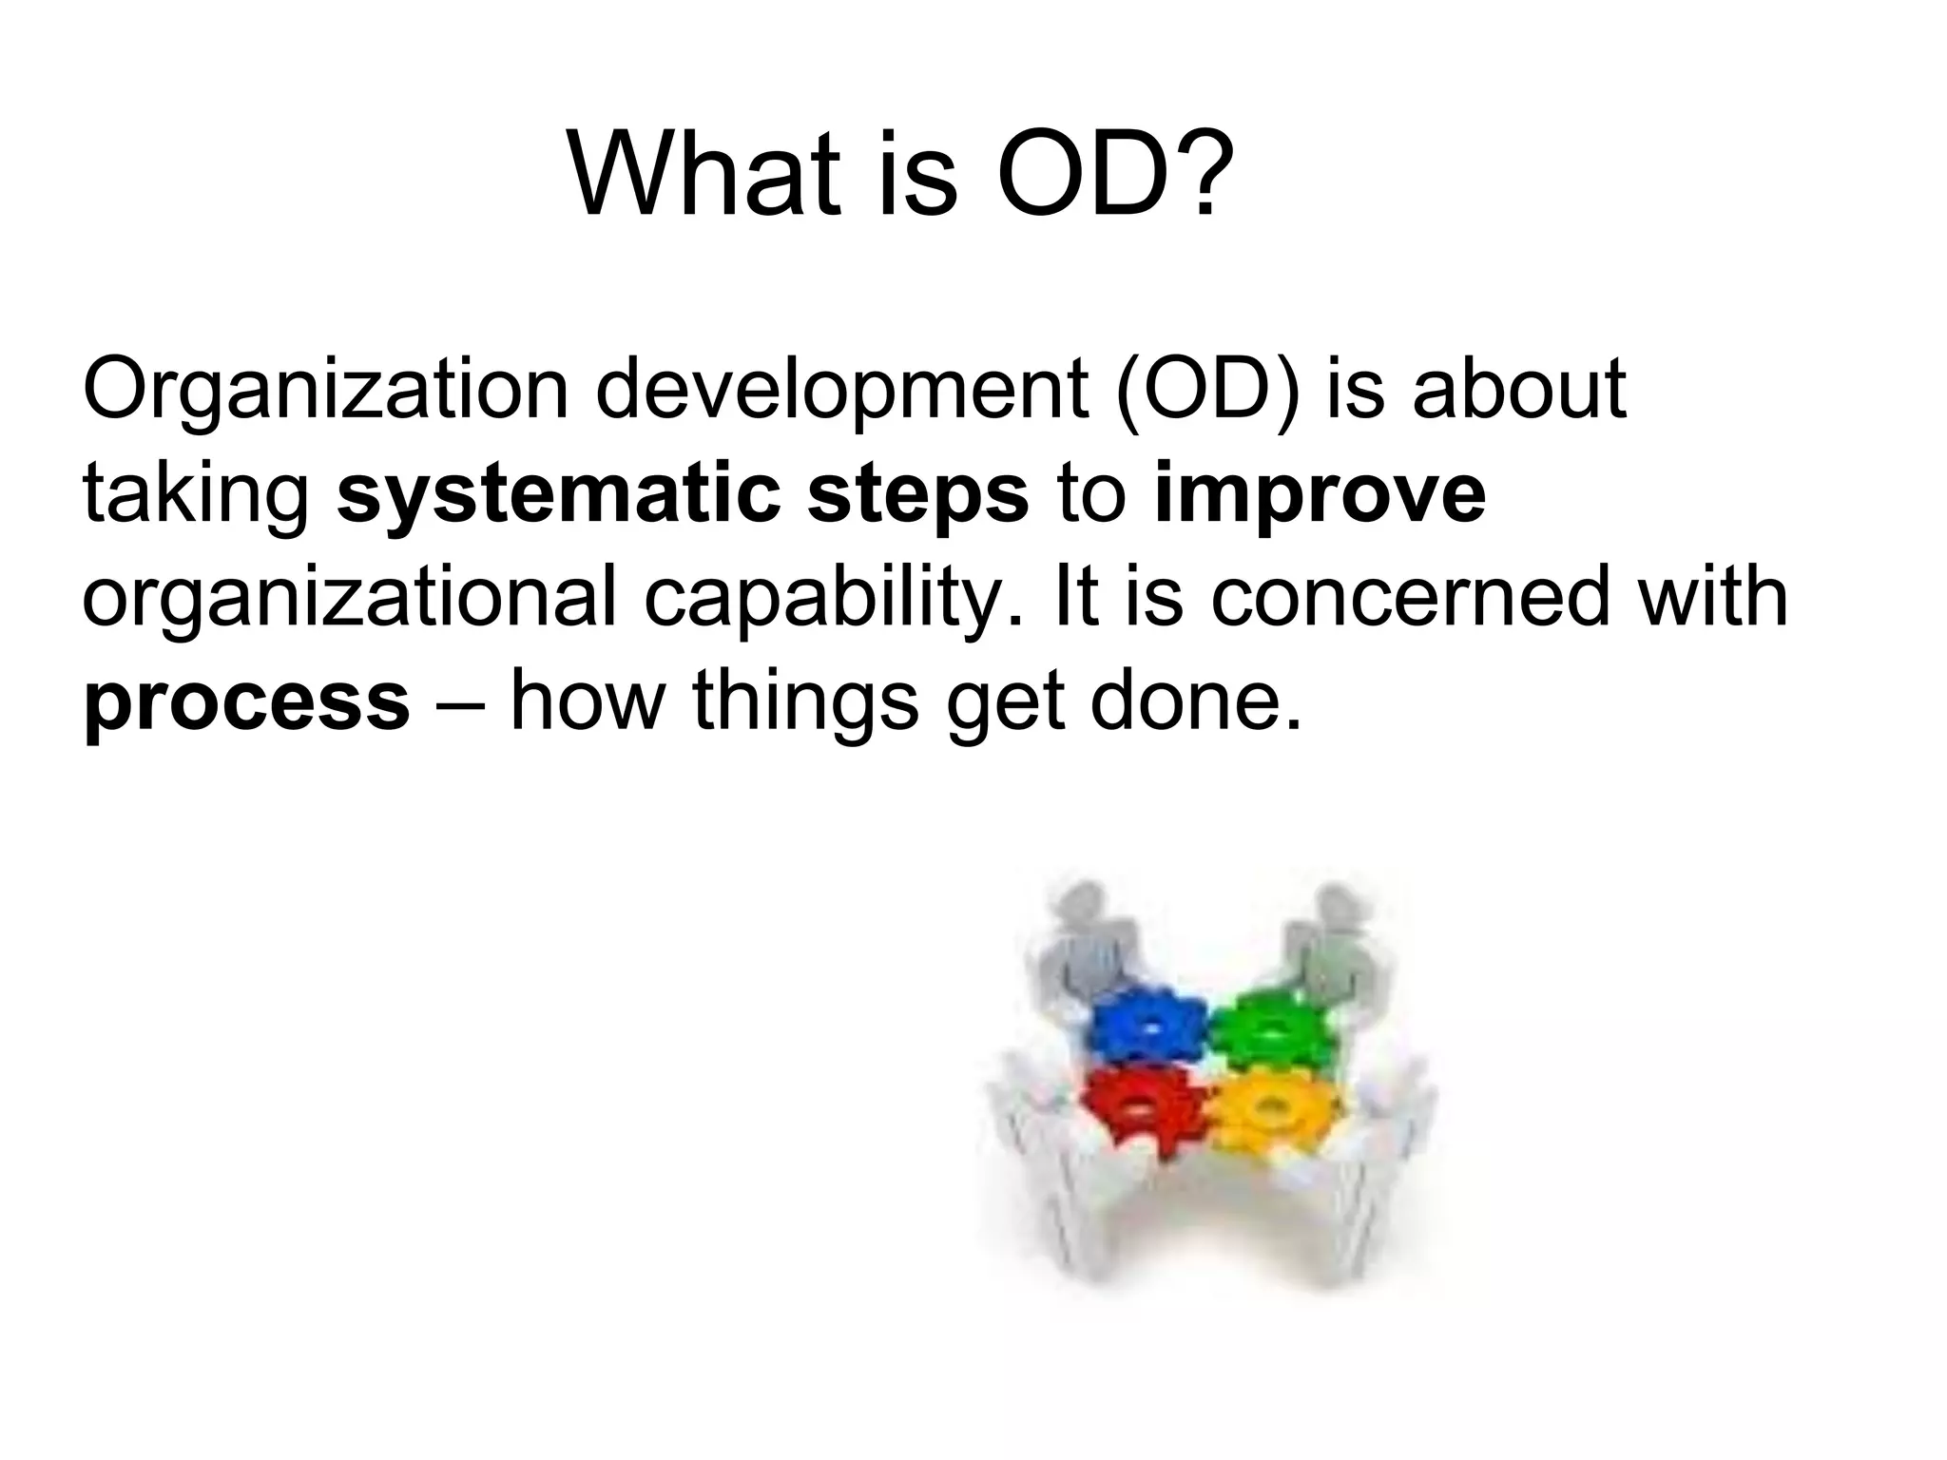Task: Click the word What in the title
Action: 704,174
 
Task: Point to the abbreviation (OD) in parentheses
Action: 1208,390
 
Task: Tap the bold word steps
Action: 917,496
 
